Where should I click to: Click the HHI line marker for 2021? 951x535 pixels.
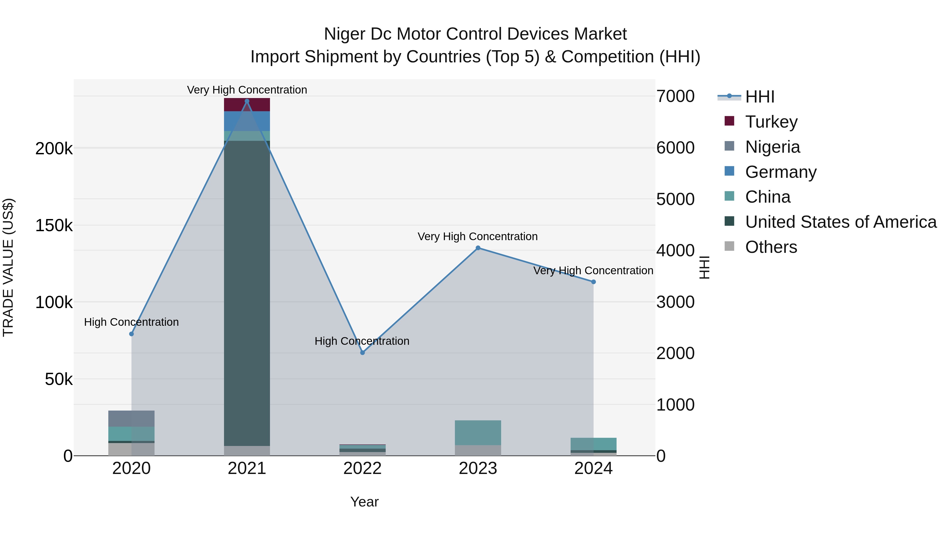(x=247, y=101)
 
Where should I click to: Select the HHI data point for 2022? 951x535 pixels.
(x=362, y=353)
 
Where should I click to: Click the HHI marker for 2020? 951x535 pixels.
(x=132, y=334)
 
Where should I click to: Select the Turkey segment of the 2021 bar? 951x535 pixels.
(x=247, y=105)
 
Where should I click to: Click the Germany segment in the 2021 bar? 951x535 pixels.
(x=247, y=121)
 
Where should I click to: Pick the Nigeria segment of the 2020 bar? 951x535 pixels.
(x=132, y=419)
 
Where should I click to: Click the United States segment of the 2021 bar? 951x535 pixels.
(x=247, y=295)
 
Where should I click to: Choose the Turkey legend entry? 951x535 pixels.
(x=771, y=122)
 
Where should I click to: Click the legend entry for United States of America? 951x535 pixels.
(x=841, y=222)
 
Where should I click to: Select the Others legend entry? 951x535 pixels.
(x=771, y=247)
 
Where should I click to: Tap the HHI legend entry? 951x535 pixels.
(x=759, y=97)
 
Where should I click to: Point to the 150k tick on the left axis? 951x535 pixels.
(x=54, y=226)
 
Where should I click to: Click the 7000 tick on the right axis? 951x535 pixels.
(x=675, y=97)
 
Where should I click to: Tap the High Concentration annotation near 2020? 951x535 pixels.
(x=132, y=322)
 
